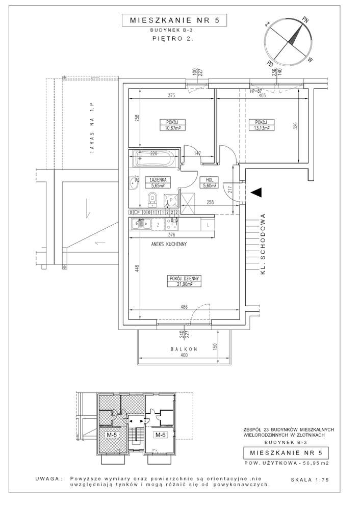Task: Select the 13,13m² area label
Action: pos(262,128)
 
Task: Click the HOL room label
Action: pos(209,180)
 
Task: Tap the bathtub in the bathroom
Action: pos(153,160)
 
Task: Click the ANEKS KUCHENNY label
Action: pos(169,244)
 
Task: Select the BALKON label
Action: pos(184,350)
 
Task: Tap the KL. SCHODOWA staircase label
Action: pos(264,244)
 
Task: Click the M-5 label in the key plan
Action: pos(112,435)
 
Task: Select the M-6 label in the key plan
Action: pos(161,435)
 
